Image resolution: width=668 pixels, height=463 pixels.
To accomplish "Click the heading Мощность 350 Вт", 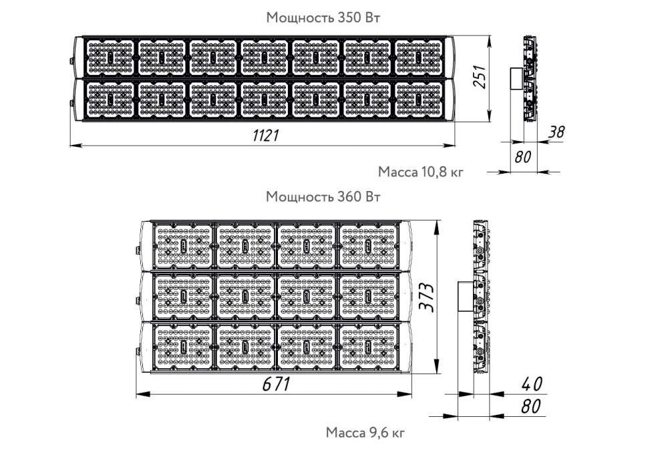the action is coord(323,17).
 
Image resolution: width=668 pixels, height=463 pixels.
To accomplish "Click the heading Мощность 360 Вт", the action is coord(323,197).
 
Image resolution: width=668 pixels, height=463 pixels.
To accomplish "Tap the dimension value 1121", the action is coord(266,136).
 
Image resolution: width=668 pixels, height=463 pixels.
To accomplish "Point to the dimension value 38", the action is coord(556,132).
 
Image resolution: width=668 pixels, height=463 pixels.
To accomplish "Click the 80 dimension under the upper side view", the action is coord(523,157).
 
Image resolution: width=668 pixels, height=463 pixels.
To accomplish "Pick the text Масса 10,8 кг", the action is coord(420,172).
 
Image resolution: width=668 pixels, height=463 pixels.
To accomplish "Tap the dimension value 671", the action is coord(276,384).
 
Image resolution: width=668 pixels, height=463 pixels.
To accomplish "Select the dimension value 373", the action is coord(427,297).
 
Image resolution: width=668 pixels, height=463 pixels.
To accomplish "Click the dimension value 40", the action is coord(532,383).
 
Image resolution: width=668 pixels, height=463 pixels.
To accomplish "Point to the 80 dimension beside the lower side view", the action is coord(531,406).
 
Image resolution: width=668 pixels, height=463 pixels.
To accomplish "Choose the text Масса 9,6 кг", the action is coord(365,432).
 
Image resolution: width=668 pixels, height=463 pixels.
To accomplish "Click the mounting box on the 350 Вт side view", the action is coord(517,78).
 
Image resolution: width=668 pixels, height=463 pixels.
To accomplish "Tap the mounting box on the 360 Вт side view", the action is coord(466,297).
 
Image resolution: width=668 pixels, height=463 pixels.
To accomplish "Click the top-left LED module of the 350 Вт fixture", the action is coord(110,58).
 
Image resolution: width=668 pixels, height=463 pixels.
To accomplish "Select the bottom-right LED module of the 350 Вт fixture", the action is coord(420,100).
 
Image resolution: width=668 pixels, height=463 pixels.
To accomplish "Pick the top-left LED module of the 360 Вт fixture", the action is coord(183,246).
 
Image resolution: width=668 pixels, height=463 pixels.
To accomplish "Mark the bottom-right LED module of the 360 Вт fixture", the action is coord(369,346).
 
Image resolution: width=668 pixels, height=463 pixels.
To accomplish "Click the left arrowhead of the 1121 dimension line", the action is coord(76,146).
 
